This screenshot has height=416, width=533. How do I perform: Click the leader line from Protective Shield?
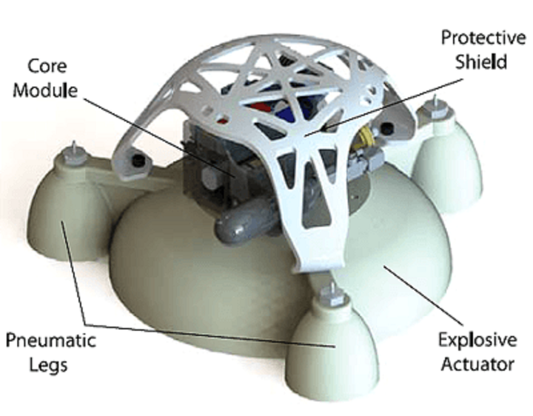(x=385, y=104)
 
